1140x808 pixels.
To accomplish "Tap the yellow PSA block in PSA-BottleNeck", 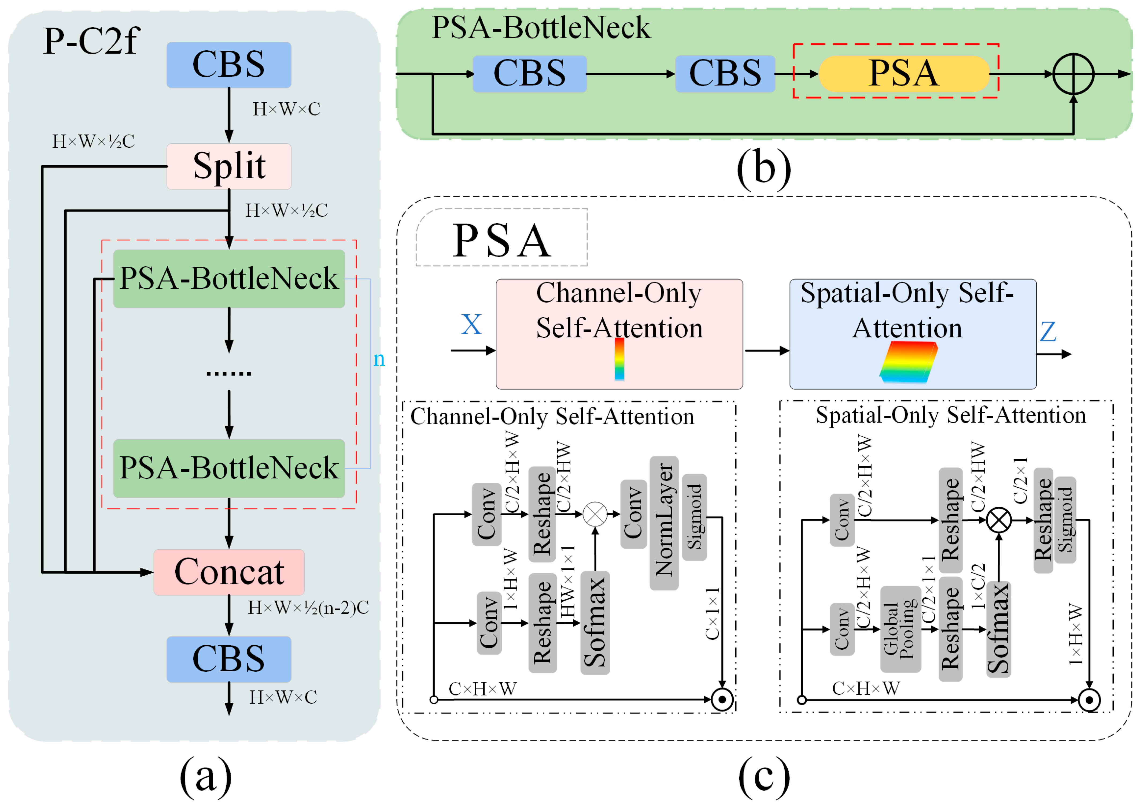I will click(903, 74).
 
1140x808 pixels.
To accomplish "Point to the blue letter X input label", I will click(471, 325).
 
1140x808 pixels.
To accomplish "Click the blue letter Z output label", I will click(1047, 332).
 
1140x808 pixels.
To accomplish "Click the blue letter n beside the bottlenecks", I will click(379, 359).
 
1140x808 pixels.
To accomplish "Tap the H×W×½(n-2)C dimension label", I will click(308, 608).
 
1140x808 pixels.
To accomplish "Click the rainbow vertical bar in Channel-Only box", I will click(619, 359).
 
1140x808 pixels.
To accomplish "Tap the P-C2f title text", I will click(91, 41).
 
